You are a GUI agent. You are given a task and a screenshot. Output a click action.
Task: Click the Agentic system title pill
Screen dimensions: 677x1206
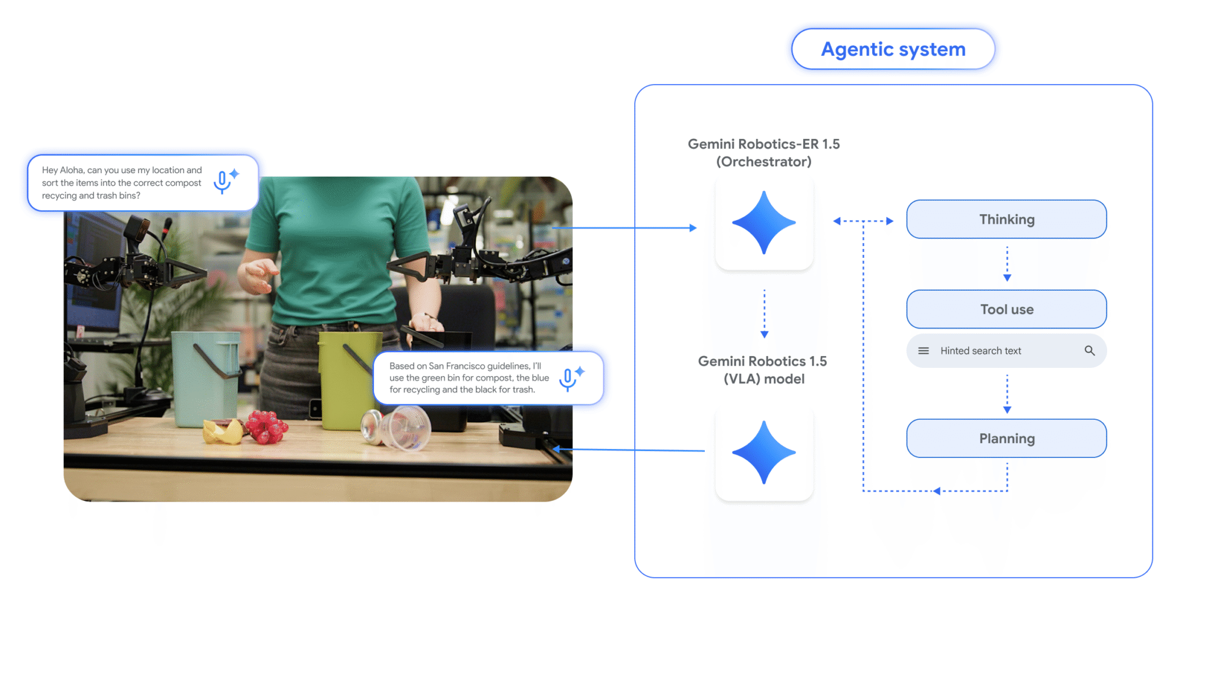coord(893,49)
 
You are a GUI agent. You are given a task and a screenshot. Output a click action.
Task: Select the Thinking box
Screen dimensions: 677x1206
coord(1006,220)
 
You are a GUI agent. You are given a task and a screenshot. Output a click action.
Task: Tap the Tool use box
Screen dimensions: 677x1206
coord(1006,309)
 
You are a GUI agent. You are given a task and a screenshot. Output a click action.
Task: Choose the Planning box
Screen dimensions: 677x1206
coord(1006,439)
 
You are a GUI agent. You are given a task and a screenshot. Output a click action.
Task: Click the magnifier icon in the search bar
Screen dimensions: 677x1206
coord(1089,351)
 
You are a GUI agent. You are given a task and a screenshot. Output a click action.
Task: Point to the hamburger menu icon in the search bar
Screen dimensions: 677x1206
coord(923,351)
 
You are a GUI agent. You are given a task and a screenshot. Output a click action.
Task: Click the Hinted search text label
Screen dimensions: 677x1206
coord(980,351)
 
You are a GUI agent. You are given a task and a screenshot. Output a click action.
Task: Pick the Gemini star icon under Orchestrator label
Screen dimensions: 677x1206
coord(764,223)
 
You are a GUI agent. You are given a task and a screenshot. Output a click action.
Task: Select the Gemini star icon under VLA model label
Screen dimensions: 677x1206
coord(764,453)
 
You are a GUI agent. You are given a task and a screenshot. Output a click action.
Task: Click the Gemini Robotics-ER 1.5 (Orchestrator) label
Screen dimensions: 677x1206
coord(764,152)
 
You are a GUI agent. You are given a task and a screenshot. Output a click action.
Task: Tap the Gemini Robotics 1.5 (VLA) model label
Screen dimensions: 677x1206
coord(763,370)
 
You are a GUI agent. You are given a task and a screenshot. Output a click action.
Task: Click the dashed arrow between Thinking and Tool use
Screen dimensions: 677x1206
coord(1007,264)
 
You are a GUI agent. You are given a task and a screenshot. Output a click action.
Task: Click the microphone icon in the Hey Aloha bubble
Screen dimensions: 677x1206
coord(223,182)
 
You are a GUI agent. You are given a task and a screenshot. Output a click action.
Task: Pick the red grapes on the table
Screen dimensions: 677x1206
coord(267,427)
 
